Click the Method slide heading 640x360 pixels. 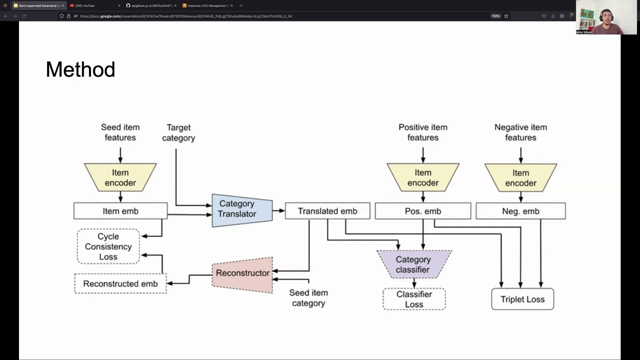click(80, 69)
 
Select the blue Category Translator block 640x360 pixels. click(242, 209)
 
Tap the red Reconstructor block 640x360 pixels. click(242, 273)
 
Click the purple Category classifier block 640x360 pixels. click(413, 264)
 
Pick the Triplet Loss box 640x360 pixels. click(522, 299)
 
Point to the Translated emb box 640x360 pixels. click(327, 211)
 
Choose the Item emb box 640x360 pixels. click(120, 211)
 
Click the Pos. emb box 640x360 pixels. click(422, 211)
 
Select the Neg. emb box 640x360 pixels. click(520, 211)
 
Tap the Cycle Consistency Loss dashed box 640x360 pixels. click(108, 246)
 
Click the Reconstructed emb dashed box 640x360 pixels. click(120, 283)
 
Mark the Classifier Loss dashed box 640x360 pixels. click(414, 299)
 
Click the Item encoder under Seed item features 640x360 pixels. click(120, 177)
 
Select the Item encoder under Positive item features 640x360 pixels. click(423, 177)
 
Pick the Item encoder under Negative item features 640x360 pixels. click(520, 177)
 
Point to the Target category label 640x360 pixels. click(178, 133)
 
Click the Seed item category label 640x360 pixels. click(308, 298)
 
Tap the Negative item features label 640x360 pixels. click(520, 132)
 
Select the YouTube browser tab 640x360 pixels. click(92, 5)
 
